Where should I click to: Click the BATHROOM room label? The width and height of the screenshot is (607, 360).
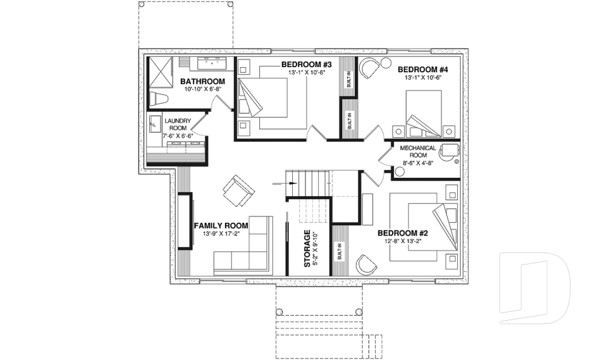pos(202,82)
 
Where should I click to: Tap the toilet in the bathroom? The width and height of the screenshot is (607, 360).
pos(159,99)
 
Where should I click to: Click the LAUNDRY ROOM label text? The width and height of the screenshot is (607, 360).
pos(178,125)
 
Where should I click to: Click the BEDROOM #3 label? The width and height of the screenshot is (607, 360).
pos(307,65)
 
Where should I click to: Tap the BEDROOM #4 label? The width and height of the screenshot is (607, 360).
pos(423,69)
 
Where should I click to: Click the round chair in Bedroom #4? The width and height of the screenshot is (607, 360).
pos(369,68)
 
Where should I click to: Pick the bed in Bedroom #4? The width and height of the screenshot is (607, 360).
pos(424,113)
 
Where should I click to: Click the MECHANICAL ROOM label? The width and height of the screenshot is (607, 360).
pos(418,152)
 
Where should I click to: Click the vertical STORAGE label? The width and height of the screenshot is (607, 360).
pos(307,249)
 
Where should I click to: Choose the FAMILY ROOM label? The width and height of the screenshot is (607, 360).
pos(221,225)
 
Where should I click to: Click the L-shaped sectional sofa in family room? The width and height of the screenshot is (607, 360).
pos(247,253)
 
